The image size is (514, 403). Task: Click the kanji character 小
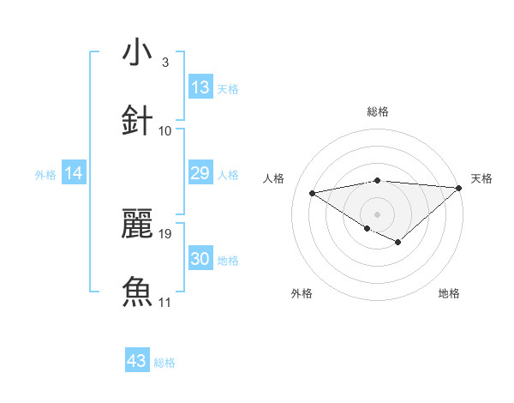tap(137, 53)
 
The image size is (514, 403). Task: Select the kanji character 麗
tap(137, 225)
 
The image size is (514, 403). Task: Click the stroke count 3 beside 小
tap(164, 63)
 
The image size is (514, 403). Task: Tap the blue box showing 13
tap(200, 87)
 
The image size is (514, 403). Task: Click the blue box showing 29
tap(200, 174)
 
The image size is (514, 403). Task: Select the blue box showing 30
tap(200, 259)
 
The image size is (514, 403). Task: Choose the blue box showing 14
tap(74, 174)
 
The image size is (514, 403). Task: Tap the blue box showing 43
tap(137, 361)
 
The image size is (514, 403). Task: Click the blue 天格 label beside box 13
tap(228, 88)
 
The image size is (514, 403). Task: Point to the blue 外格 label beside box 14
tap(45, 175)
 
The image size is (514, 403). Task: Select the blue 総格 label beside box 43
tap(164, 363)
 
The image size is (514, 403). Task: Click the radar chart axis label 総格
tap(378, 111)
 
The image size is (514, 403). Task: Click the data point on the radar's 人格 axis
tap(312, 192)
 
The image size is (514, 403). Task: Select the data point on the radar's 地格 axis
tap(398, 243)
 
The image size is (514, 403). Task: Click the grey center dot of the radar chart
tap(378, 214)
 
